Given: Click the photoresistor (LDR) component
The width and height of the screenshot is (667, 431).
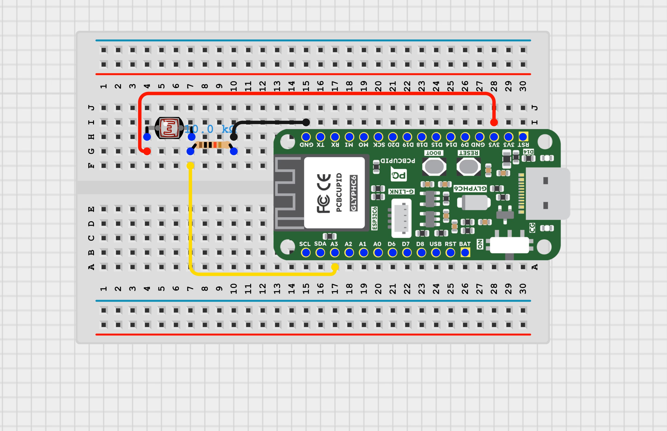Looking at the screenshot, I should (169, 128).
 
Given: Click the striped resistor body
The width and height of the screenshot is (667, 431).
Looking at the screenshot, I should (212, 145).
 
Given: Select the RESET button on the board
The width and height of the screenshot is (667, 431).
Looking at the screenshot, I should (468, 166).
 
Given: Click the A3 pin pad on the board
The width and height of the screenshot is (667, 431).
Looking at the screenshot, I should (335, 253).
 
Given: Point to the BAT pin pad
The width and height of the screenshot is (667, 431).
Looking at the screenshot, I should (465, 253).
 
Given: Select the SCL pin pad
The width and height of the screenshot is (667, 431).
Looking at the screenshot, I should (306, 253).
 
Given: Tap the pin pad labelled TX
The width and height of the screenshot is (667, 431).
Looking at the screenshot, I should (320, 137).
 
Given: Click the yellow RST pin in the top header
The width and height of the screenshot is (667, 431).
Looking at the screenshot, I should (523, 137).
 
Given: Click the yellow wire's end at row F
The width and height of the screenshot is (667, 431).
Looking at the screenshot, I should (190, 166).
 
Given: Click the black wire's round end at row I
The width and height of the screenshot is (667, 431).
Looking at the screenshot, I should (306, 122).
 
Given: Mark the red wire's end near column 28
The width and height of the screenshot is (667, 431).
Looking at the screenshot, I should (494, 122).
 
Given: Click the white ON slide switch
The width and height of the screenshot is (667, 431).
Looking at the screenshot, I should (509, 245).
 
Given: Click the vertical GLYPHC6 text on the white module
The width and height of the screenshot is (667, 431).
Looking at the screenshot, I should (354, 193).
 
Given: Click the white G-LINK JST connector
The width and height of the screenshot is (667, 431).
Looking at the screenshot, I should (401, 218).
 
